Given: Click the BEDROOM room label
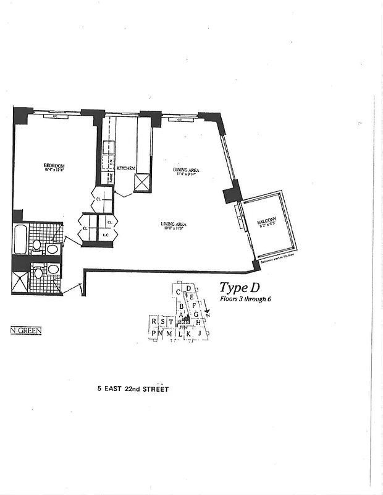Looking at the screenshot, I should [x=54, y=165].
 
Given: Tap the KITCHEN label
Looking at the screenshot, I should [x=126, y=168].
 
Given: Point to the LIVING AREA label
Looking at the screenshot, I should [x=174, y=224].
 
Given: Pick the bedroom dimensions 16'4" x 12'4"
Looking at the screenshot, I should [x=54, y=171].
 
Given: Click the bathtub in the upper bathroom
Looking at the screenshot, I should [x=20, y=239].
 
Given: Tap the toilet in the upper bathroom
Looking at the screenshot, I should [x=37, y=245].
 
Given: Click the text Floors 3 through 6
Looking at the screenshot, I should [x=245, y=299].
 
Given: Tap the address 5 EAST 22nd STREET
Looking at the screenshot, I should [x=133, y=389].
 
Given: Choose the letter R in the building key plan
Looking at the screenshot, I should [x=153, y=321].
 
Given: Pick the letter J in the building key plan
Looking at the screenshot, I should [x=200, y=334].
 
